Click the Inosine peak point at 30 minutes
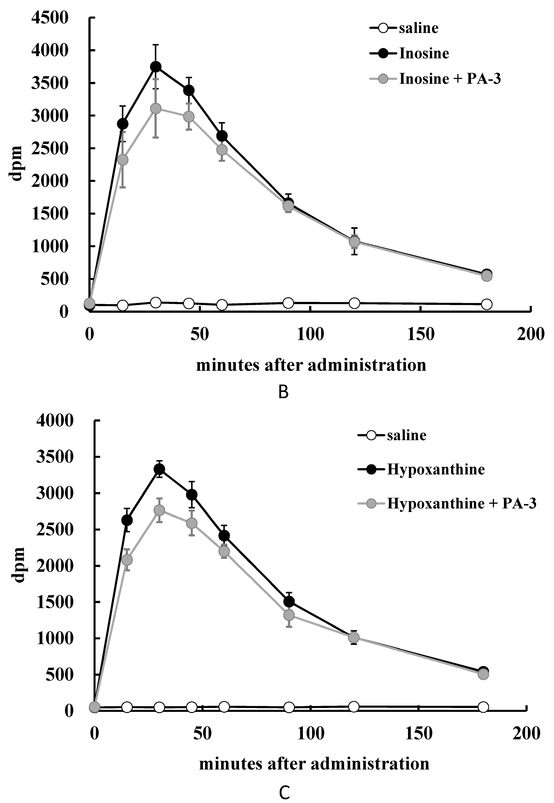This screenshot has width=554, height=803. (156, 67)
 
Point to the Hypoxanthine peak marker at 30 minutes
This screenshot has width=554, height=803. (159, 469)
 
